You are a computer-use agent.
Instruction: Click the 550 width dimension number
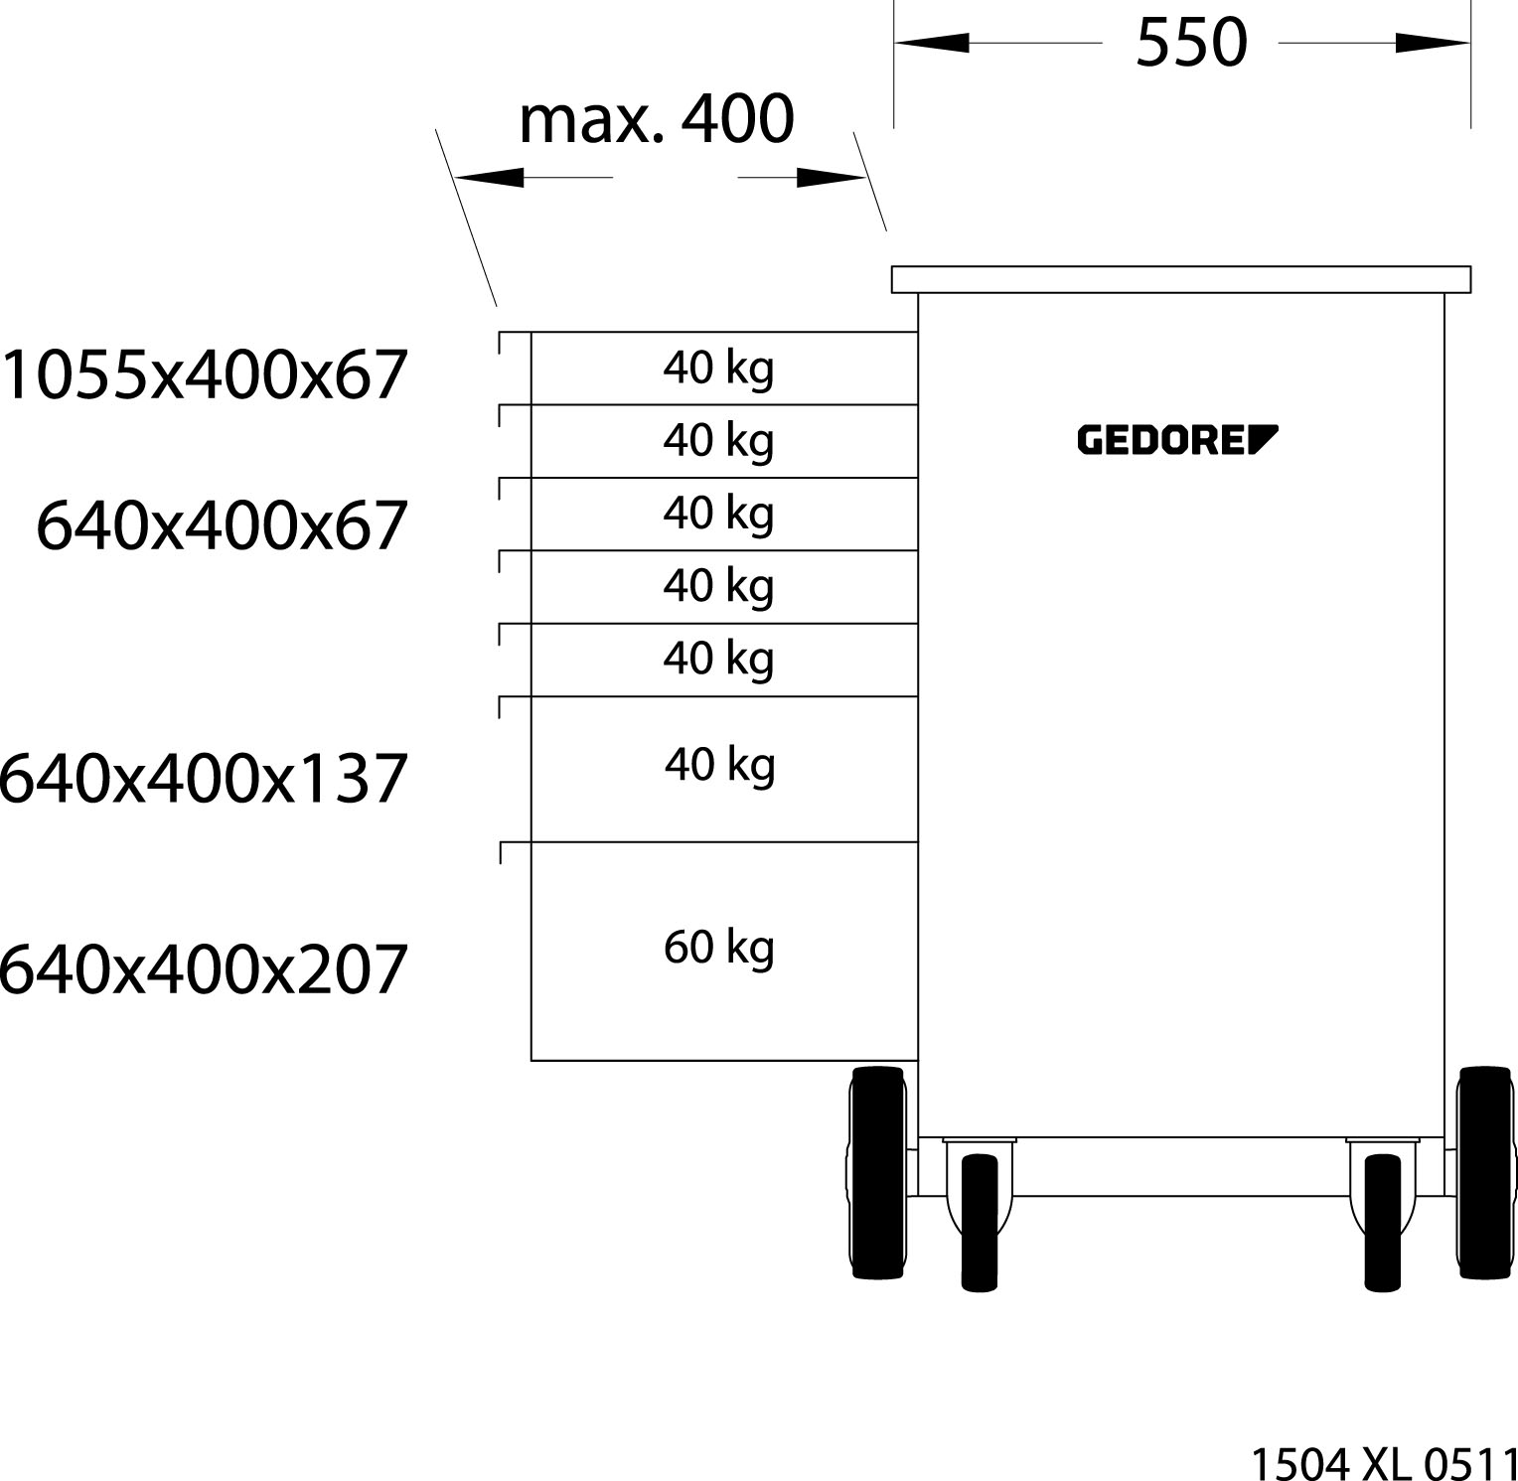click(1190, 43)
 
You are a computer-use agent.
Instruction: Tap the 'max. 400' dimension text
click(657, 119)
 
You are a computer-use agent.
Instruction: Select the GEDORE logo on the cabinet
click(1177, 439)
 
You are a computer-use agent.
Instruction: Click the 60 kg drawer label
click(719, 948)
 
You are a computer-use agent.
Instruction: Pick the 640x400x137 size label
click(205, 778)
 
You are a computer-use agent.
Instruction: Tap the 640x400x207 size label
click(205, 968)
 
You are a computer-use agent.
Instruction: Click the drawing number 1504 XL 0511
click(1382, 1463)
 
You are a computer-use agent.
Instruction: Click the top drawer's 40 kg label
click(719, 369)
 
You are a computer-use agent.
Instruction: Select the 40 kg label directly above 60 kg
click(720, 765)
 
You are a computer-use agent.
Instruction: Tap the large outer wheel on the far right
click(1484, 1172)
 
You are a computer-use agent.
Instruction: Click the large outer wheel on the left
click(878, 1172)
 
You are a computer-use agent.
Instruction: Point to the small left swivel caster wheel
click(980, 1222)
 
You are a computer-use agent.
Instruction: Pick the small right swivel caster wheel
click(1382, 1222)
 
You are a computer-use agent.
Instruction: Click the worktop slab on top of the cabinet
click(1180, 279)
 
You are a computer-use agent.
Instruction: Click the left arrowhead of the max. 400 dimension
click(489, 178)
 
